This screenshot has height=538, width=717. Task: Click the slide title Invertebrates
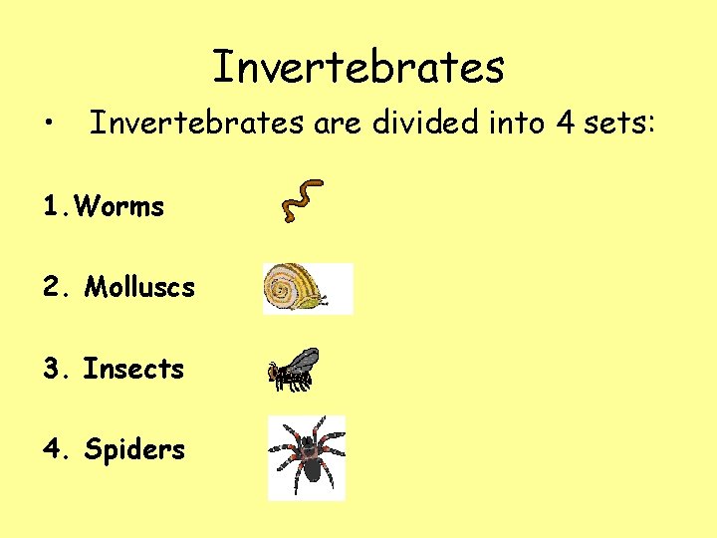[x=358, y=68]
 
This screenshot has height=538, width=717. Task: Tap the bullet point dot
[x=49, y=125]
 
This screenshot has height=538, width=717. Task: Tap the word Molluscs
[x=139, y=288]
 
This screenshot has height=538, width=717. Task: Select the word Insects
[x=133, y=369]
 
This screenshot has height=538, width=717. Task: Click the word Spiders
[x=134, y=449]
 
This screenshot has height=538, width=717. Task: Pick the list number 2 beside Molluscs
[x=53, y=288]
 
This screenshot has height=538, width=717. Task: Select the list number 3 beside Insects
[x=53, y=369]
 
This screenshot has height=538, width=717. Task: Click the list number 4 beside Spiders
[x=53, y=449]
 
